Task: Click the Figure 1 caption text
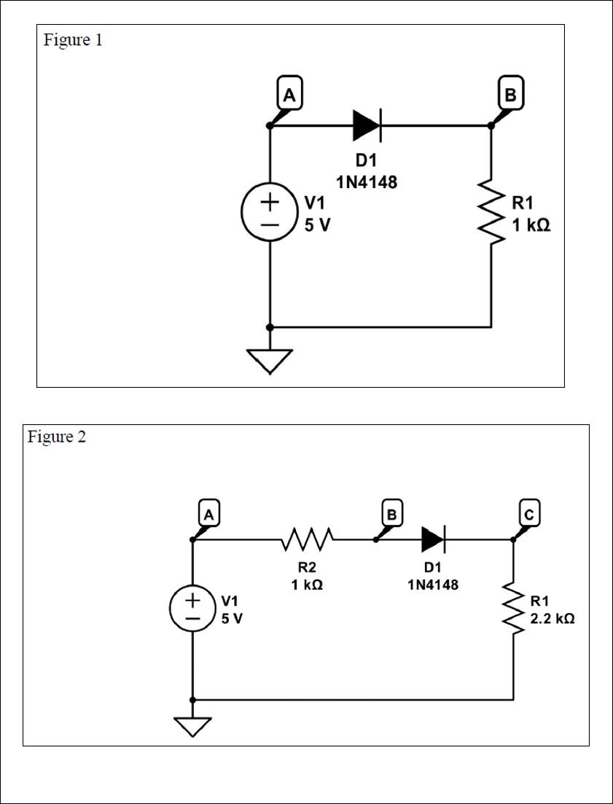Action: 73,40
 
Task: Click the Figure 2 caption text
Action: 57,437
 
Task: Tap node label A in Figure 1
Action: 289,95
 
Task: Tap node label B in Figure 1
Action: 509,95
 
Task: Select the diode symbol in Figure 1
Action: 367,126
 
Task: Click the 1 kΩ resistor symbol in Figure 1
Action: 491,213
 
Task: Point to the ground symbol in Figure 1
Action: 270,359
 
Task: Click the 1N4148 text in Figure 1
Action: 367,183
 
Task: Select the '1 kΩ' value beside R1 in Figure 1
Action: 531,226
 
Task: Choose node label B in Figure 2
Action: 392,515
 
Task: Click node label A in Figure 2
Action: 208,515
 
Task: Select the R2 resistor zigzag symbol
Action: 307,540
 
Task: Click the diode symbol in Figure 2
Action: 433,540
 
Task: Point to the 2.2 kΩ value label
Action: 552,618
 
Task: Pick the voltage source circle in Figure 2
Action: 192,609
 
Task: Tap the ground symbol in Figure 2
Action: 192,726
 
